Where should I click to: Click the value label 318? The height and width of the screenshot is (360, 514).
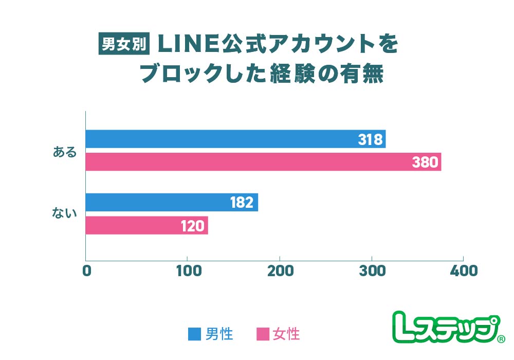tap(370, 139)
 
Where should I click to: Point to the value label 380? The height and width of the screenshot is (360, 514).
tap(425, 163)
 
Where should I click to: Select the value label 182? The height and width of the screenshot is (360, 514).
tap(242, 203)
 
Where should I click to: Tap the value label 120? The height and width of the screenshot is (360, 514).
tap(193, 226)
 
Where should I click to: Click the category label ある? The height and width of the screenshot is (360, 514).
tap(65, 152)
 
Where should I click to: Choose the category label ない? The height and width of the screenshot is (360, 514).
tap(65, 213)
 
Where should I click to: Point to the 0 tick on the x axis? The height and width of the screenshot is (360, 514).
tap(86, 271)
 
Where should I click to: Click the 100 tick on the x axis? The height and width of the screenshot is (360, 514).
tap(187, 271)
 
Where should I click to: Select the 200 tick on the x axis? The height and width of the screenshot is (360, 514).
tap(280, 271)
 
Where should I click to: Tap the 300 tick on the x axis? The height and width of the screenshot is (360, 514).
tap(372, 271)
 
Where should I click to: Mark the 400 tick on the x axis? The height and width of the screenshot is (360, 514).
tap(464, 271)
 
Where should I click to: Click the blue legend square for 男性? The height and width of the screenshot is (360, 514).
tap(194, 334)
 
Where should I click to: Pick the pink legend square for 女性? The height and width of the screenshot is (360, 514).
tap(263, 334)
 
